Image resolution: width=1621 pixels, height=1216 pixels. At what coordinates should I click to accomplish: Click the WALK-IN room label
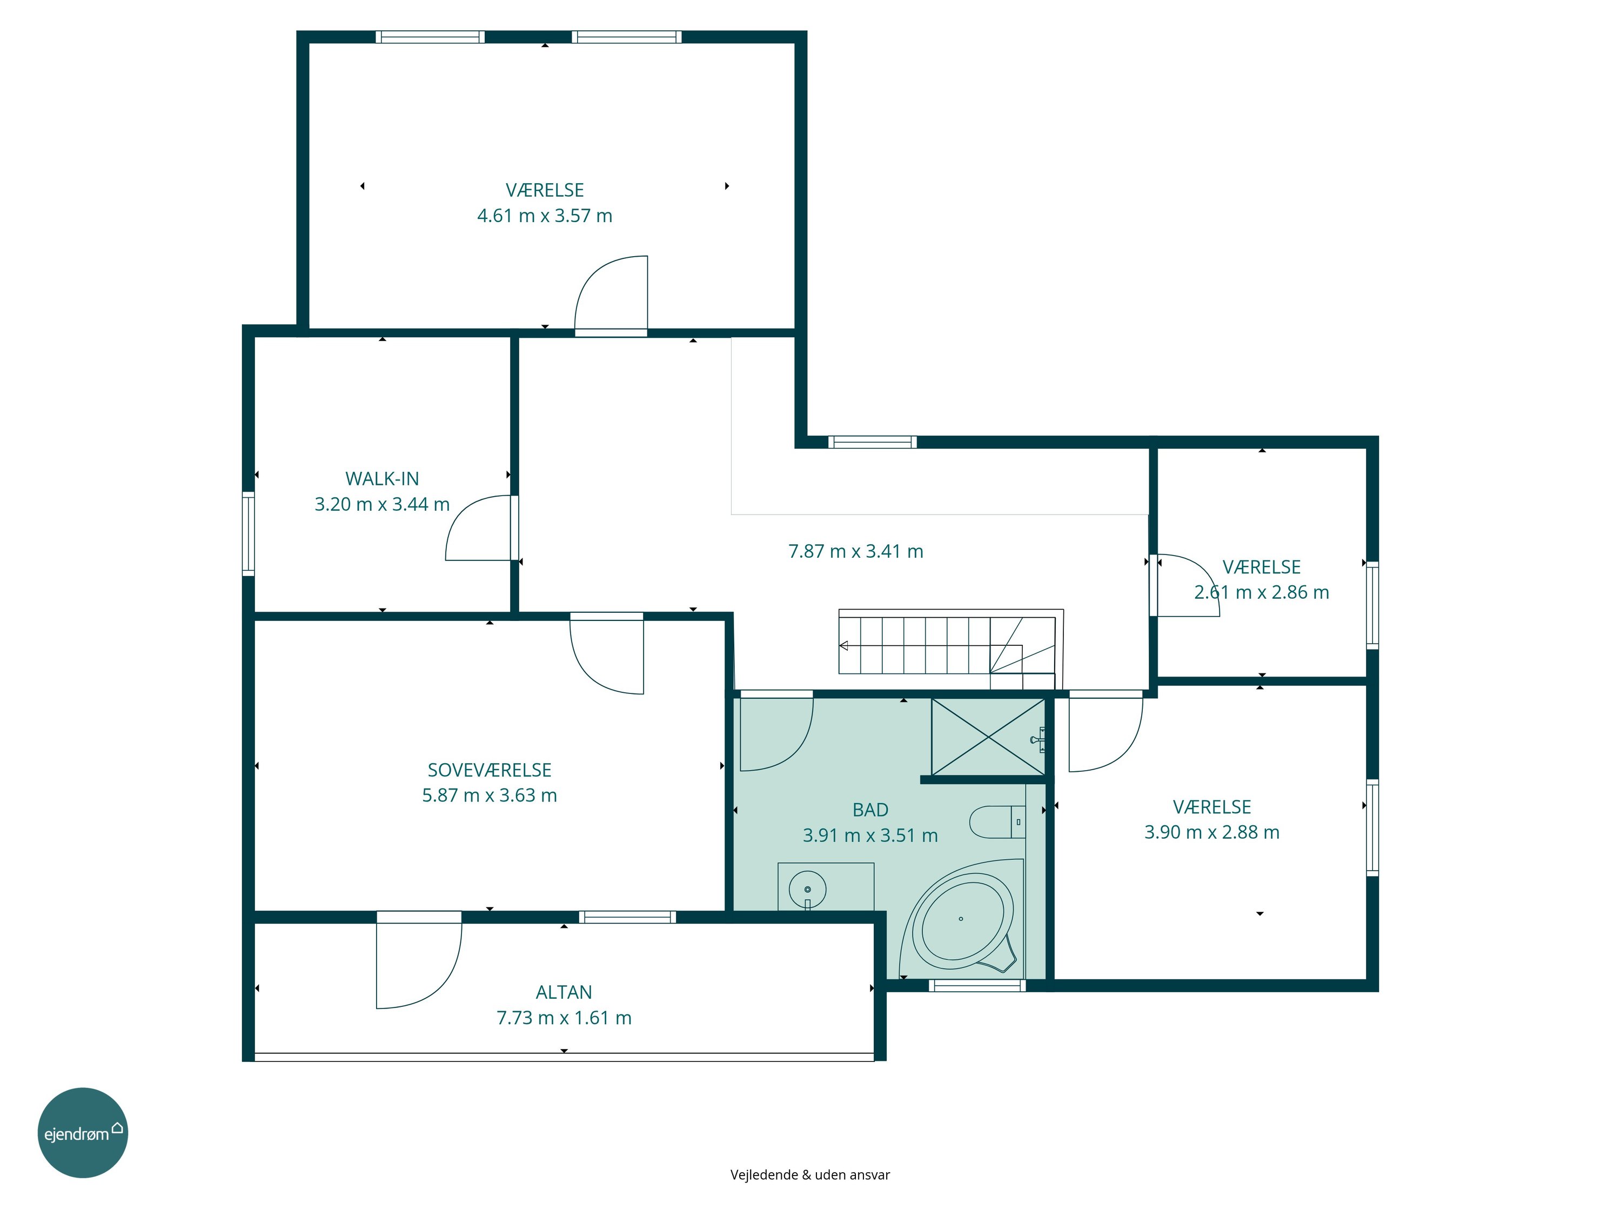(x=382, y=479)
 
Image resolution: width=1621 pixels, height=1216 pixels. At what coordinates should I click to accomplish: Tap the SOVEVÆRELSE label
(x=490, y=770)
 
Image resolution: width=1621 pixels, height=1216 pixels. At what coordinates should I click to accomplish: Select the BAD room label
(x=870, y=810)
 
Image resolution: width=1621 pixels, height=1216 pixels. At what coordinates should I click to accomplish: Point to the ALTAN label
(x=564, y=992)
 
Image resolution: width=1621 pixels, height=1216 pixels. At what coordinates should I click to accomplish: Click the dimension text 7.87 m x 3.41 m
(x=855, y=551)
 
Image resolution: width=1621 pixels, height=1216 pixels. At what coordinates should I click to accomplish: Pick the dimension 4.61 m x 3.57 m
(x=545, y=216)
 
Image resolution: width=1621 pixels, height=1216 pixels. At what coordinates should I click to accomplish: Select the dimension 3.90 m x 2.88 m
(x=1212, y=832)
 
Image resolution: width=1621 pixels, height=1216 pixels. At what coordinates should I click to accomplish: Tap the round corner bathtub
(x=961, y=918)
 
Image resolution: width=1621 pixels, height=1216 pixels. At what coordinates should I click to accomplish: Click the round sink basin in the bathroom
(x=808, y=890)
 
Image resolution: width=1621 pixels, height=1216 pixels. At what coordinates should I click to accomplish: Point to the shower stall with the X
(x=988, y=736)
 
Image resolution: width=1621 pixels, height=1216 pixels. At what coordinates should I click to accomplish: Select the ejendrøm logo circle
(x=83, y=1132)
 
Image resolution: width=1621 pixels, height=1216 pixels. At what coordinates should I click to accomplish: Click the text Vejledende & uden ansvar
(x=810, y=1175)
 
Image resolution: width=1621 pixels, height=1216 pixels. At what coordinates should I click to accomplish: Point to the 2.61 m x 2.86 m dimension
(x=1261, y=592)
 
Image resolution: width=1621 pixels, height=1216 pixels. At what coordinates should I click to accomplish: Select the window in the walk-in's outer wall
(x=249, y=533)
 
